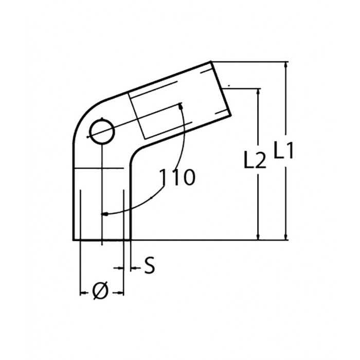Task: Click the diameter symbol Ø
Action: click(102, 292)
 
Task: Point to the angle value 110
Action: click(177, 177)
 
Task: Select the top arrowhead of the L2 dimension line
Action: click(258, 92)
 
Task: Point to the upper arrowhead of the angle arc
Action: click(181, 107)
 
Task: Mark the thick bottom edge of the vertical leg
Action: click(102, 240)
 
